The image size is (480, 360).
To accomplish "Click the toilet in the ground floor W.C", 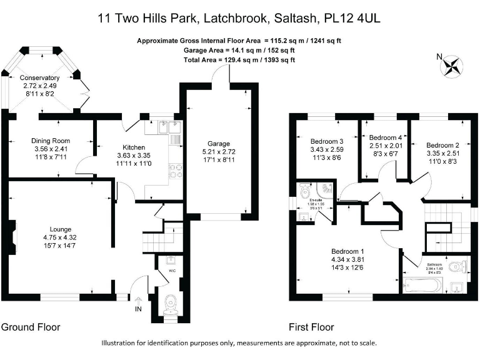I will pos(169,305).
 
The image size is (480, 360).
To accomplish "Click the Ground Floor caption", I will pos(30,327).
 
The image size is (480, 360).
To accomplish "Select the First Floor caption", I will pos(311,327).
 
